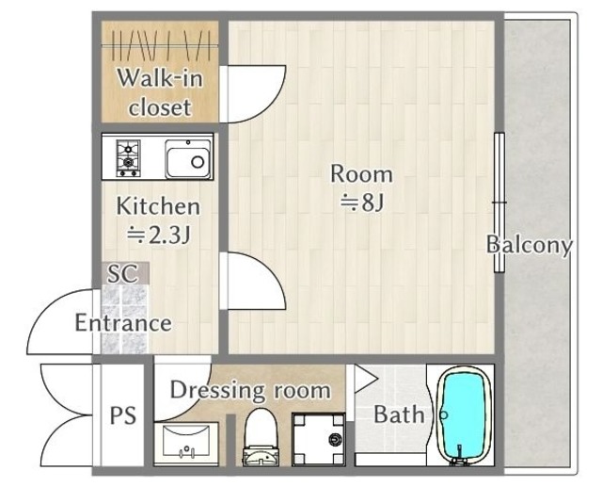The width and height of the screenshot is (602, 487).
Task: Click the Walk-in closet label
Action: (x=160, y=92)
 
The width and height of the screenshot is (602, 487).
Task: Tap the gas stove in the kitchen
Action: (x=128, y=158)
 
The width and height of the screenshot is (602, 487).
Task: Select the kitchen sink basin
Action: (x=188, y=159)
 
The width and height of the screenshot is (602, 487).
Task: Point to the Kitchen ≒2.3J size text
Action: (x=158, y=220)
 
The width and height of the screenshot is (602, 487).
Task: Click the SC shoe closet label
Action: (x=122, y=273)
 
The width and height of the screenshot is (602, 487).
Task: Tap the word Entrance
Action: (x=123, y=322)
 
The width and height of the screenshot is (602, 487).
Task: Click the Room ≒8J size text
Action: (x=361, y=187)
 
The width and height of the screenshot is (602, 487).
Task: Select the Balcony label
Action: (x=530, y=245)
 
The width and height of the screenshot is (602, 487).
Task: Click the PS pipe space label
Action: (x=123, y=415)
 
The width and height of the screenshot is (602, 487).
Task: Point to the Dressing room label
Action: (x=250, y=390)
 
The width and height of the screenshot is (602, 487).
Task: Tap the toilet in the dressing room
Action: (x=261, y=437)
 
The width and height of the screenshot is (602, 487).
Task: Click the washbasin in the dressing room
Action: (x=186, y=444)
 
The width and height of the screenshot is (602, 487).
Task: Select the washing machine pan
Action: (x=319, y=439)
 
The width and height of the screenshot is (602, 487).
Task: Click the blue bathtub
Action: (x=463, y=415)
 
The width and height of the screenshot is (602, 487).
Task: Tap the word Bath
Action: (x=399, y=414)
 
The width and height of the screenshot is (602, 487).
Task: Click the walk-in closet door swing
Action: (x=253, y=94)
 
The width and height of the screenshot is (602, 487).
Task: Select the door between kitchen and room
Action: (x=253, y=281)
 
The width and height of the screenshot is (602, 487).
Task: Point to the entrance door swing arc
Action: (x=60, y=322)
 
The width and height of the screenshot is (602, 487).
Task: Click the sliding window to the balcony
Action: (x=499, y=203)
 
